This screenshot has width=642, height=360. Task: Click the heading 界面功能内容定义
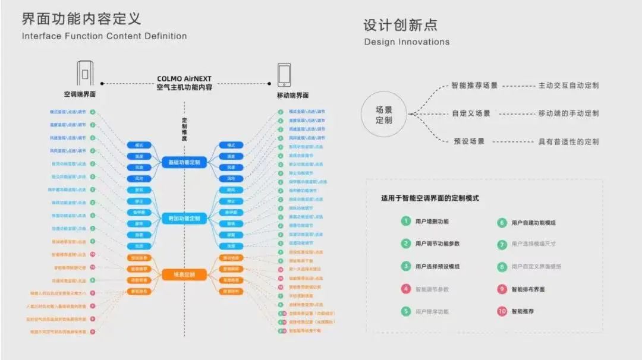coord(81,18)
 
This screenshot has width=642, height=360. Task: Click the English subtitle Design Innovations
coord(407,42)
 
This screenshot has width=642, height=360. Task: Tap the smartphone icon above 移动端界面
coord(284,75)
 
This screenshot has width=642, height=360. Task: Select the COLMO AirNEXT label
coord(184,78)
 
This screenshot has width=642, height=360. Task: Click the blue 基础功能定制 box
coord(184,162)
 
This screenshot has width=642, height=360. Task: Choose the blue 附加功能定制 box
coord(184,219)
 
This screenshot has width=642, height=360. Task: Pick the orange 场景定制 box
coord(184,274)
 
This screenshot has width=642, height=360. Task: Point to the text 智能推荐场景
coord(474,85)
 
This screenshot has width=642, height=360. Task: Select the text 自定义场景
coord(471,113)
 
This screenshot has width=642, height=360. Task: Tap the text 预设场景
coord(468,141)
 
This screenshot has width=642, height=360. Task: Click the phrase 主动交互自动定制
coord(568,85)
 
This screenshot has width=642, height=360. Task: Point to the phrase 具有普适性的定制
coord(568,141)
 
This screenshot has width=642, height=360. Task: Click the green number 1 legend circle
coord(405,221)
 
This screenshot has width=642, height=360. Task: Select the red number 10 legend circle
coord(502,311)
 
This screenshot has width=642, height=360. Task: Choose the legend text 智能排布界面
coord(528,289)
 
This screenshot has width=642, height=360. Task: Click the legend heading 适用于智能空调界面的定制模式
coord(430,198)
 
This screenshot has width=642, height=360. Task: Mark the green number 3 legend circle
coord(405,266)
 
